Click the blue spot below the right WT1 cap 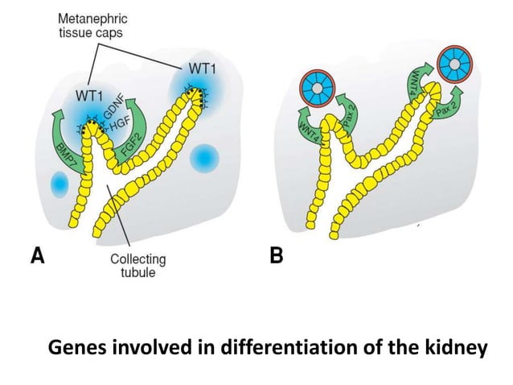pos(204,156)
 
